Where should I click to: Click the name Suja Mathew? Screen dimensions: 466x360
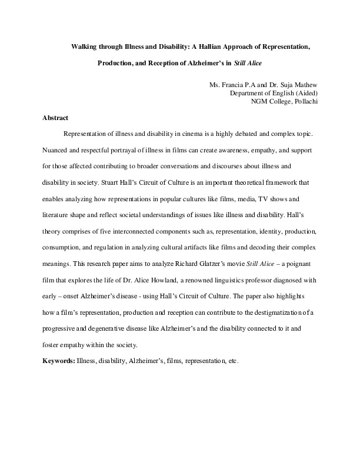(292, 85)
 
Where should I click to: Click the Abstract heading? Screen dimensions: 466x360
(55, 118)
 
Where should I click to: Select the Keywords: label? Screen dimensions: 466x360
(58, 360)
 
